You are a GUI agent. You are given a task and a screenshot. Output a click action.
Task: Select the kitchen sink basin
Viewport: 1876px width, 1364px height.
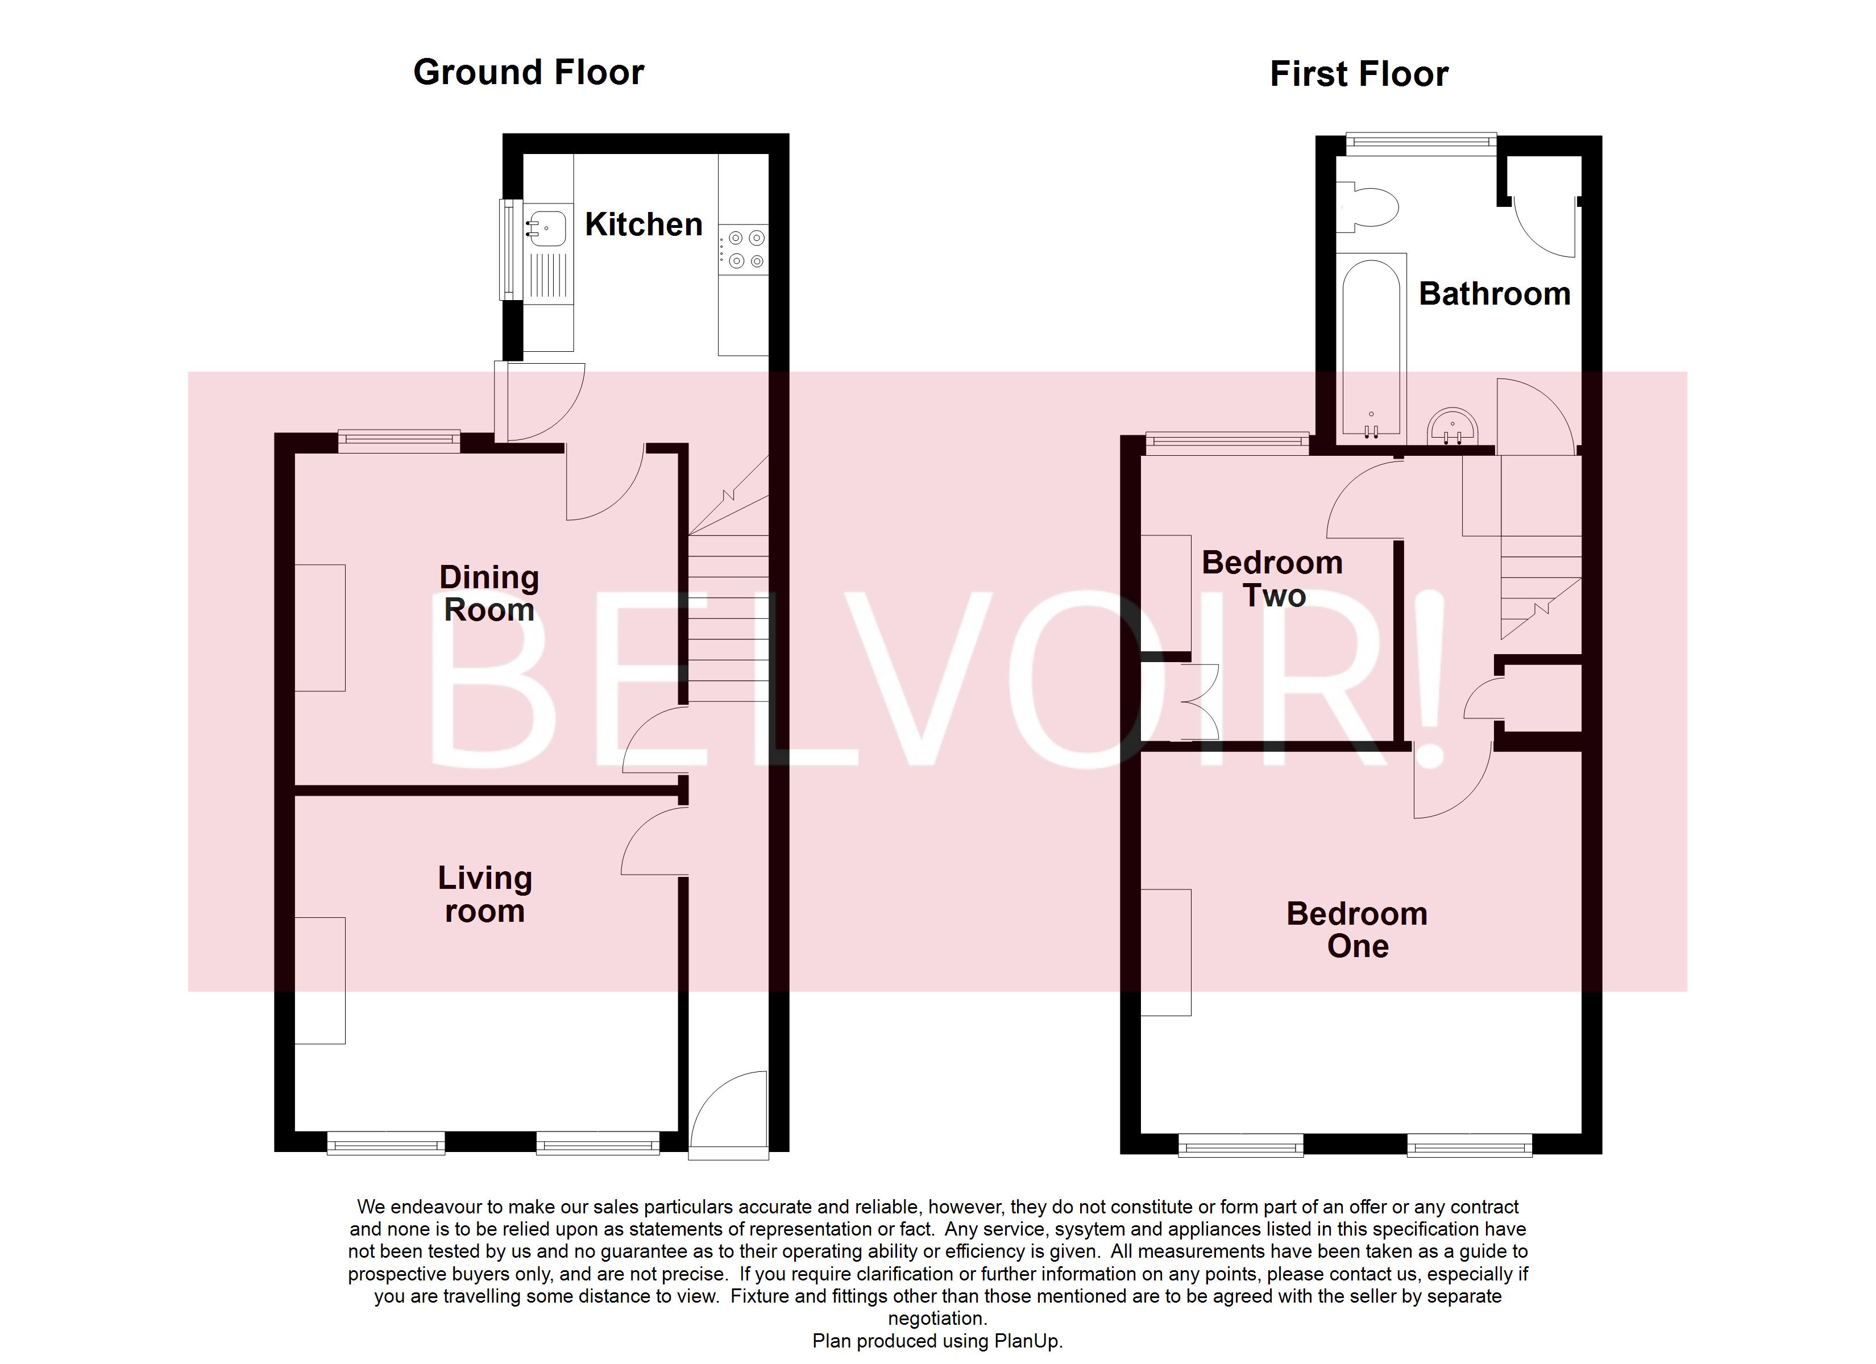(x=546, y=227)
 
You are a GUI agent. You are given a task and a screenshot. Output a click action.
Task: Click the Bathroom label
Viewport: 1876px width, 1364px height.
(x=1494, y=294)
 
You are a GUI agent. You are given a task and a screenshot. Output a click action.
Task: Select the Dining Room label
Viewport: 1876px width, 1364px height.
(x=489, y=593)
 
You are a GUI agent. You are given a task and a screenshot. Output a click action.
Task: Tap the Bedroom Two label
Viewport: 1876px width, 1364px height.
(x=1272, y=579)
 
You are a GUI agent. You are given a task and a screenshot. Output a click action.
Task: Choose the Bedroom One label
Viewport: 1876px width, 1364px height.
(x=1356, y=930)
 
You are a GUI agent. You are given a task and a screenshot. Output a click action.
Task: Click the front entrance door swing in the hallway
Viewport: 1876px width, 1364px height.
(x=728, y=1113)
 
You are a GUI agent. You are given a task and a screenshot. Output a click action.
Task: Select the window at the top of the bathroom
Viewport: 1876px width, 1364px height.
(x=1420, y=143)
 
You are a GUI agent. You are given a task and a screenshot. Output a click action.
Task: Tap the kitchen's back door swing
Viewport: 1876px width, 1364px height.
(x=542, y=401)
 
